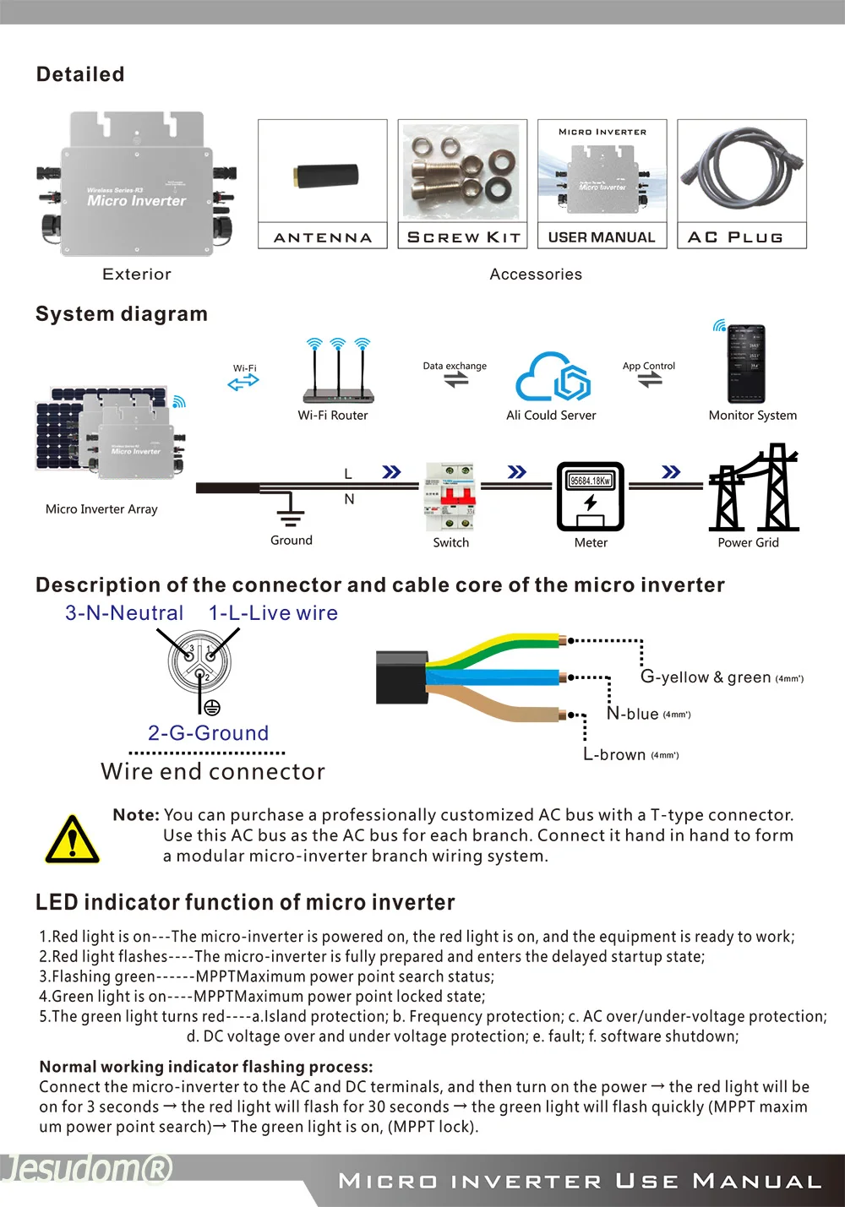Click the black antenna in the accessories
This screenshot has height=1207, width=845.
click(x=326, y=176)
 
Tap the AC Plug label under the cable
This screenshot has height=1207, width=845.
click(x=735, y=237)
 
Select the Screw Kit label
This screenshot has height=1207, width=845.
click(x=463, y=237)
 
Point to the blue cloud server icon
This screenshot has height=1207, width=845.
click(x=553, y=377)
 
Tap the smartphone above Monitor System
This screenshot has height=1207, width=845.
click(x=746, y=364)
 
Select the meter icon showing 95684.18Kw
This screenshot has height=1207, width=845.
click(x=590, y=497)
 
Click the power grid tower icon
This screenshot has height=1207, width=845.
click(x=753, y=488)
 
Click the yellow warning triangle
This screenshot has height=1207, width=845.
click(x=73, y=840)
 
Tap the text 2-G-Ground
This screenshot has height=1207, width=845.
click(x=208, y=733)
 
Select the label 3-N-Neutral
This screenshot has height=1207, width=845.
click(x=124, y=613)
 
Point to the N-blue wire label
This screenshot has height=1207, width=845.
click(x=633, y=714)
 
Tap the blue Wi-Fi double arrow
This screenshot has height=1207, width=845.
click(x=243, y=383)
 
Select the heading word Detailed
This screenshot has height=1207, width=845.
click(x=80, y=74)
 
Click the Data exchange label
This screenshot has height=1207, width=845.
click(x=455, y=366)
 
